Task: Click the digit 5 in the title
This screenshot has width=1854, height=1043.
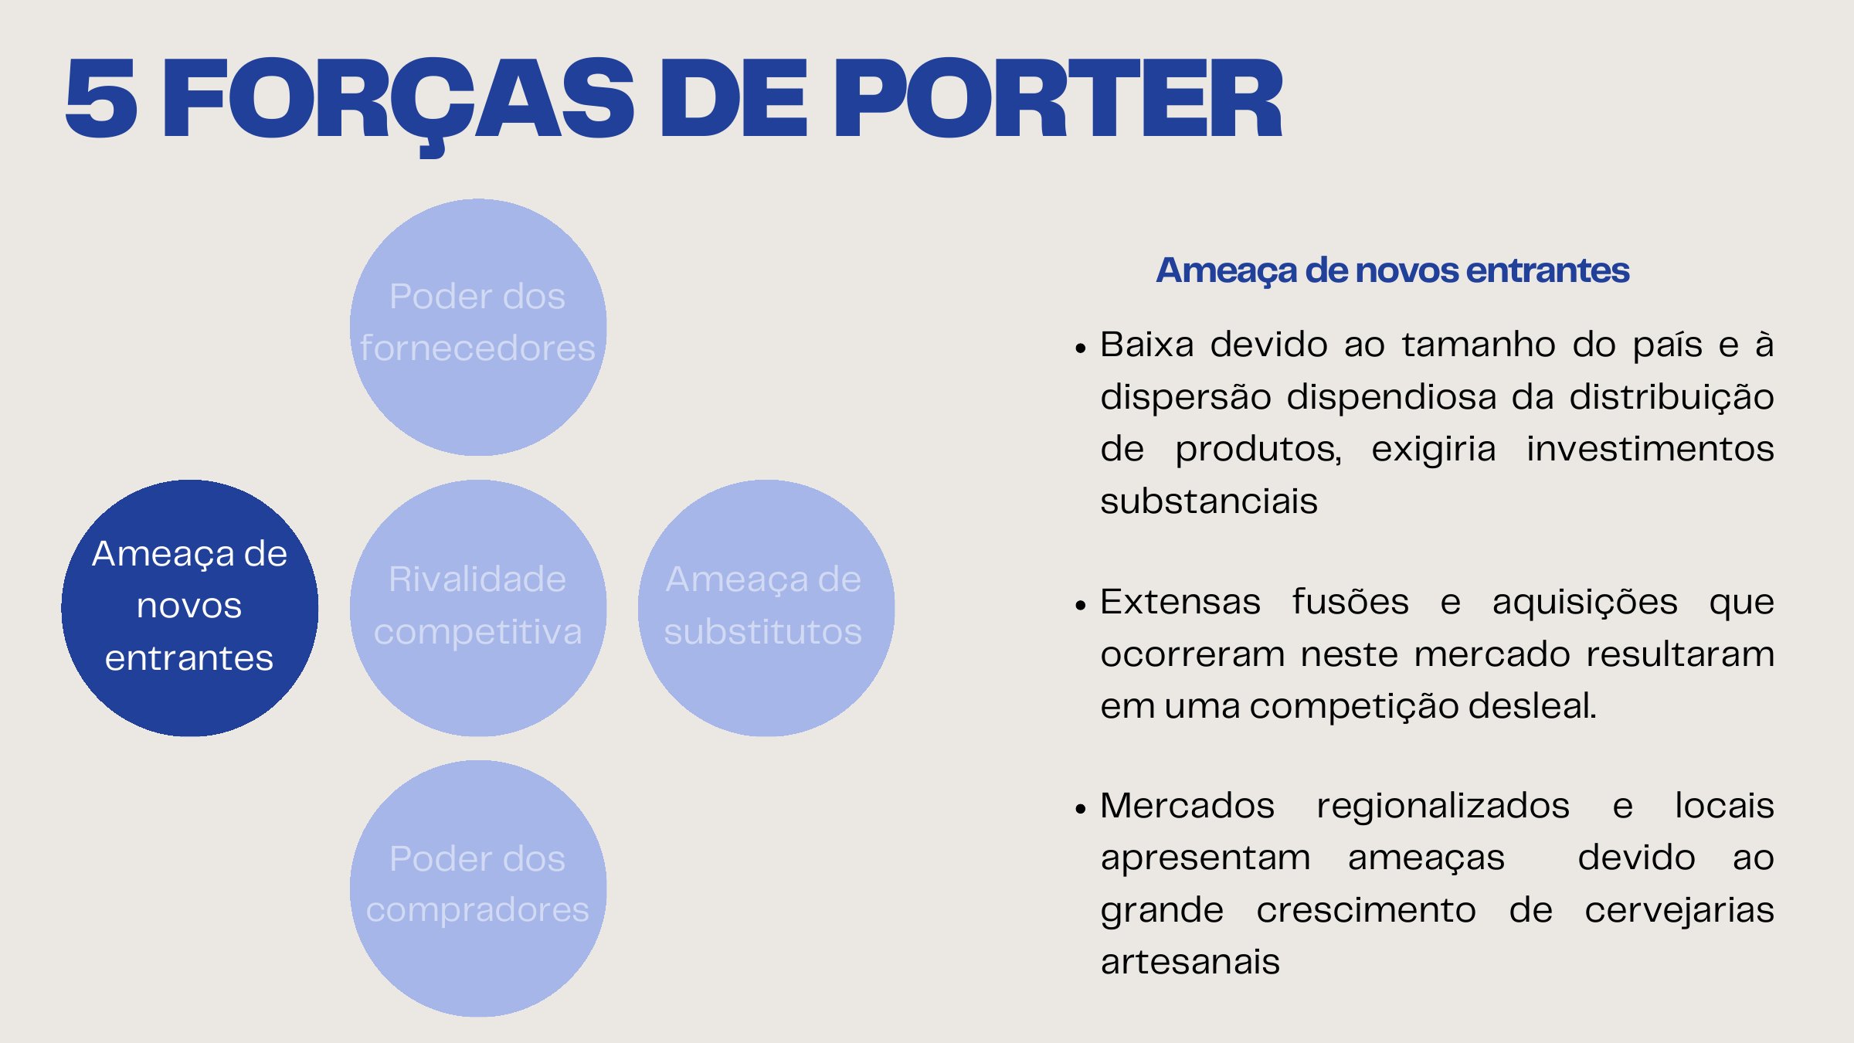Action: tap(101, 99)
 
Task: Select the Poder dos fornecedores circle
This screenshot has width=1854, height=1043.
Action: tap(478, 327)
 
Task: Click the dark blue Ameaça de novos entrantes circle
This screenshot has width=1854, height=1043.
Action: tap(190, 608)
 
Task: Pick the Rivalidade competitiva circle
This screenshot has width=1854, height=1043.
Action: tap(478, 608)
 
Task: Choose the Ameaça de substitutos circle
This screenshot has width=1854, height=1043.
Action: tap(766, 608)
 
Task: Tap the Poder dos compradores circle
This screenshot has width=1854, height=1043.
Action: tap(478, 888)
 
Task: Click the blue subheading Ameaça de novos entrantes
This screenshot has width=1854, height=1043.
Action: tap(1392, 270)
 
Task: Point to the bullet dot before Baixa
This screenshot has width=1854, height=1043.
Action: tap(1080, 348)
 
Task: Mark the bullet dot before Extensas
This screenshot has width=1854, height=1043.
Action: tap(1080, 606)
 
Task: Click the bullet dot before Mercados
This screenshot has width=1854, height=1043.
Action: tap(1080, 809)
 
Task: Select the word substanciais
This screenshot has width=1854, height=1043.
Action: tap(1209, 501)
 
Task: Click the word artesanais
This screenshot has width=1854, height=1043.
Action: tap(1190, 962)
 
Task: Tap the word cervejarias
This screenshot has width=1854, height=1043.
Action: tap(1679, 910)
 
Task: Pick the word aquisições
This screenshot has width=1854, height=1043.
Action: tap(1585, 603)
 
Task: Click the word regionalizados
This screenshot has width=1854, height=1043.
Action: tap(1443, 806)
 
